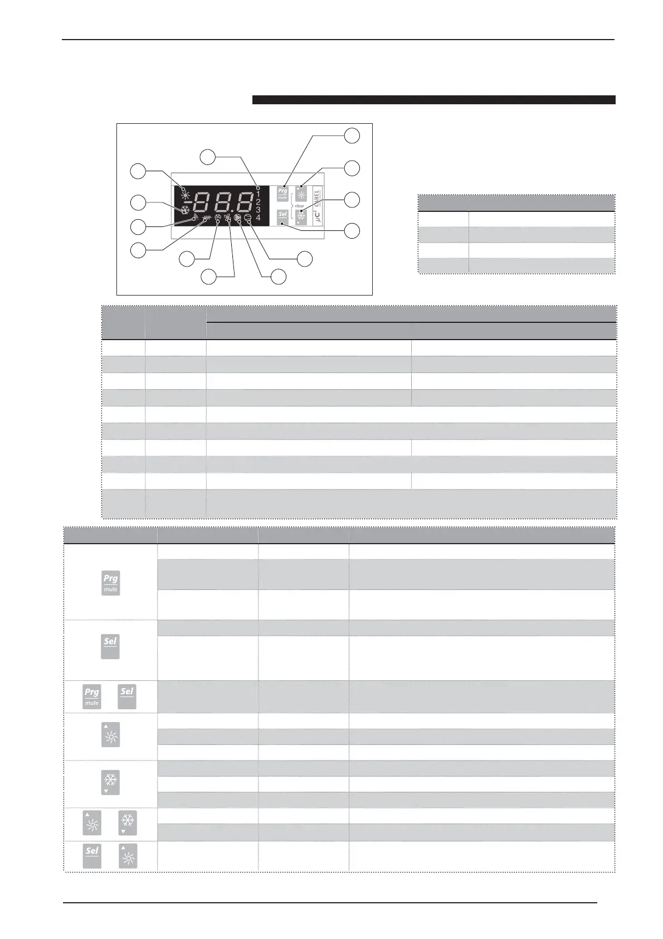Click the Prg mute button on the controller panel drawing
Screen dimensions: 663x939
282,193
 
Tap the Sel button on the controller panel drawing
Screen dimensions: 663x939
282,215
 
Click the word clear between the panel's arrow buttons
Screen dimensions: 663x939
299,205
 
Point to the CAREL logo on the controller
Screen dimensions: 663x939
316,198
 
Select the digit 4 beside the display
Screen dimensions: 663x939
258,217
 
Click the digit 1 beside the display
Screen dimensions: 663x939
258,193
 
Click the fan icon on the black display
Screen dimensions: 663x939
227,218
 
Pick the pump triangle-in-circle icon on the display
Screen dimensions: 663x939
238,217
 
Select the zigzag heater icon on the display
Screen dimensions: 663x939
207,219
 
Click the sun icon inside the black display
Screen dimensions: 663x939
184,188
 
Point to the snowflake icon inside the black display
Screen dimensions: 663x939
184,210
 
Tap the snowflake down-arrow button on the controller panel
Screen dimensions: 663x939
301,216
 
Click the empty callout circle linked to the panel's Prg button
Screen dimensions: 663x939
352,135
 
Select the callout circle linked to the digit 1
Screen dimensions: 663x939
208,157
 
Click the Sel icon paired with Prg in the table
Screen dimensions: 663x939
127,696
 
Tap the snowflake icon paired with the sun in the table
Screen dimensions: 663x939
128,822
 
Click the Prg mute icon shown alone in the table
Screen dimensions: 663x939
110,583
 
